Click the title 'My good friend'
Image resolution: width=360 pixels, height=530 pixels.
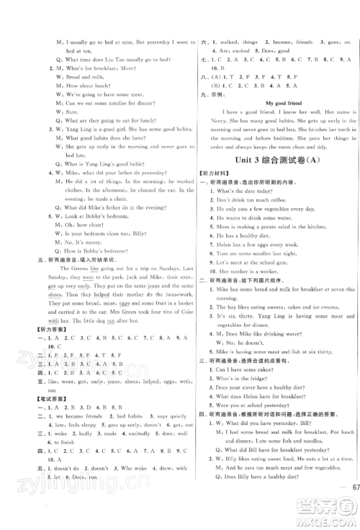point(271,103)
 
